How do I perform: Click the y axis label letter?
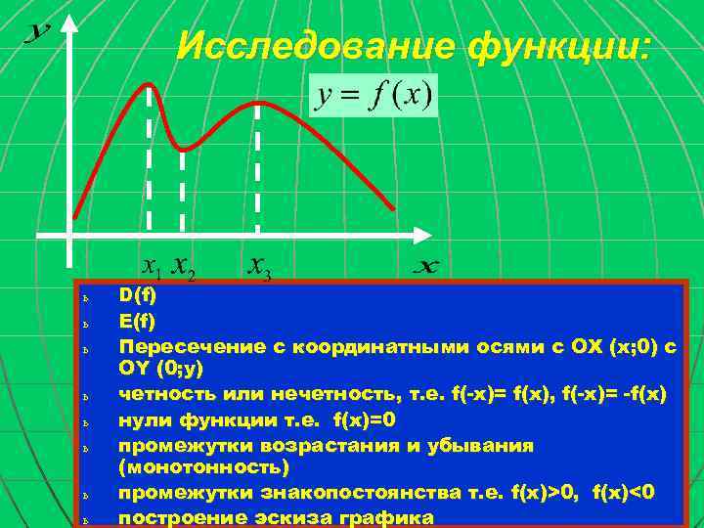37,33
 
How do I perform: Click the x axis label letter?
426,266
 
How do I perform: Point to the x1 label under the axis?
152,265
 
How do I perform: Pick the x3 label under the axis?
259,266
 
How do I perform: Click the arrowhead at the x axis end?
421,235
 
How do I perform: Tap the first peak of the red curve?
149,85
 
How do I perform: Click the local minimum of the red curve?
184,149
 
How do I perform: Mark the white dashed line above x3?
257,166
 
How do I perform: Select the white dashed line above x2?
183,191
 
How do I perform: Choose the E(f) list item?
137,320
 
